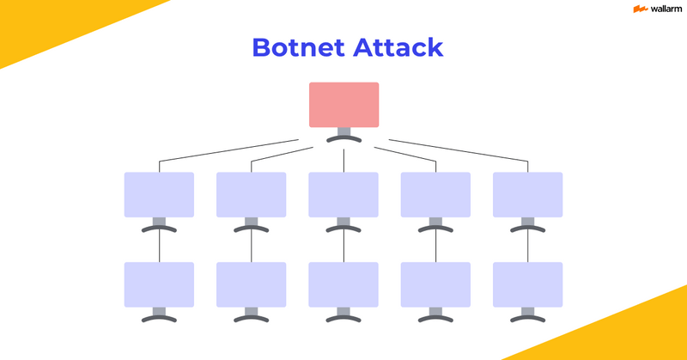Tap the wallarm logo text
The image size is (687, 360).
click(x=656, y=9)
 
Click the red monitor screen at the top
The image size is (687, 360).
click(x=343, y=104)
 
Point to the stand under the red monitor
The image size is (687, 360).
click(x=343, y=135)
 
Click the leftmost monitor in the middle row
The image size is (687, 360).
click(x=159, y=194)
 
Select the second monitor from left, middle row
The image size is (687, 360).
click(x=251, y=194)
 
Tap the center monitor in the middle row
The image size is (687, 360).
click(x=343, y=194)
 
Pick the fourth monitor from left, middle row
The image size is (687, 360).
click(x=435, y=194)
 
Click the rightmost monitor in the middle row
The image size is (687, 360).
click(x=527, y=194)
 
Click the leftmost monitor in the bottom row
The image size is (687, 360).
click(x=159, y=284)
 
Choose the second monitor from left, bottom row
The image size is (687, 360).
click(x=251, y=284)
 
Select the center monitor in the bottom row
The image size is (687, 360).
click(x=343, y=284)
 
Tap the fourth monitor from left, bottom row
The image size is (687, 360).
click(x=435, y=284)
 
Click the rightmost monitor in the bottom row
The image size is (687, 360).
click(x=527, y=284)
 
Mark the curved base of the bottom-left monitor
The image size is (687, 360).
click(x=159, y=318)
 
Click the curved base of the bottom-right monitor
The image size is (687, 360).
click(x=527, y=318)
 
